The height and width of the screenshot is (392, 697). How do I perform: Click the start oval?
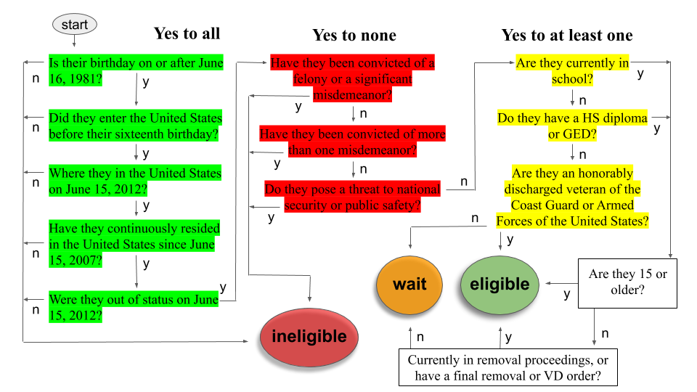point(75,25)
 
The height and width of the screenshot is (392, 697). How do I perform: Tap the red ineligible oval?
point(309,338)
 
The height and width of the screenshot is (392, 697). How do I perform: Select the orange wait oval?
point(409,285)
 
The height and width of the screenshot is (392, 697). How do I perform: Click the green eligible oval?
point(500,285)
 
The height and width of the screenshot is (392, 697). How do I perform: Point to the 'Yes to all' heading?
point(187,34)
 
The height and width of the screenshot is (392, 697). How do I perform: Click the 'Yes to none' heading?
point(354,35)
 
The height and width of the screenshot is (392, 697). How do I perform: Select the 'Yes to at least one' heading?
point(567,35)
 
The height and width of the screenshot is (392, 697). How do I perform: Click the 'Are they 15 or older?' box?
point(627,283)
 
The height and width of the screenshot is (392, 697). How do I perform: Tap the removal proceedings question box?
point(508,367)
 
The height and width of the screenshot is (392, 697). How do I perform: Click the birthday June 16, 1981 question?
point(136,70)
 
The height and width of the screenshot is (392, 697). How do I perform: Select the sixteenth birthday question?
point(136,126)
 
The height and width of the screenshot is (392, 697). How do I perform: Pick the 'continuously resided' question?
point(134,244)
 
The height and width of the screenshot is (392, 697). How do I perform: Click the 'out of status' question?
point(134,307)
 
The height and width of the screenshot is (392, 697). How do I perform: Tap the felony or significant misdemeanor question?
point(353,78)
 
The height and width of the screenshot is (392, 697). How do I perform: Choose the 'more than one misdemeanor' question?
point(353,142)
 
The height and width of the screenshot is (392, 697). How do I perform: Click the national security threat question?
point(353,197)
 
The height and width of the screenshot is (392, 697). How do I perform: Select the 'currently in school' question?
point(573,70)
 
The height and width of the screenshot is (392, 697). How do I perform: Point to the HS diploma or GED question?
point(573,126)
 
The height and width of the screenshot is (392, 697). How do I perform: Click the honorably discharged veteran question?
point(573,197)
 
